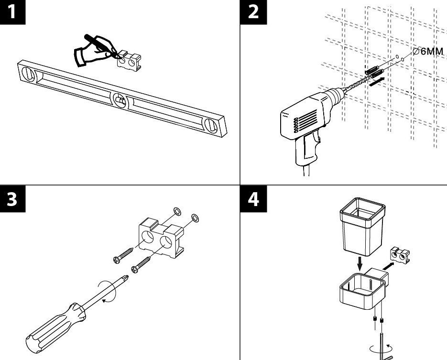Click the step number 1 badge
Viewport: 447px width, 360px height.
pos(12,11)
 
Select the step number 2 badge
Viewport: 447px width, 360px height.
pos(253,11)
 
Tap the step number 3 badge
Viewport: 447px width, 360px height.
pos(12,198)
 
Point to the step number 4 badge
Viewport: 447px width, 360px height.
pos(253,198)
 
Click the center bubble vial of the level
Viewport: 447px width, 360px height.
pos(120,99)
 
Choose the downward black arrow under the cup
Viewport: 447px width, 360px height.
pos(360,262)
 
